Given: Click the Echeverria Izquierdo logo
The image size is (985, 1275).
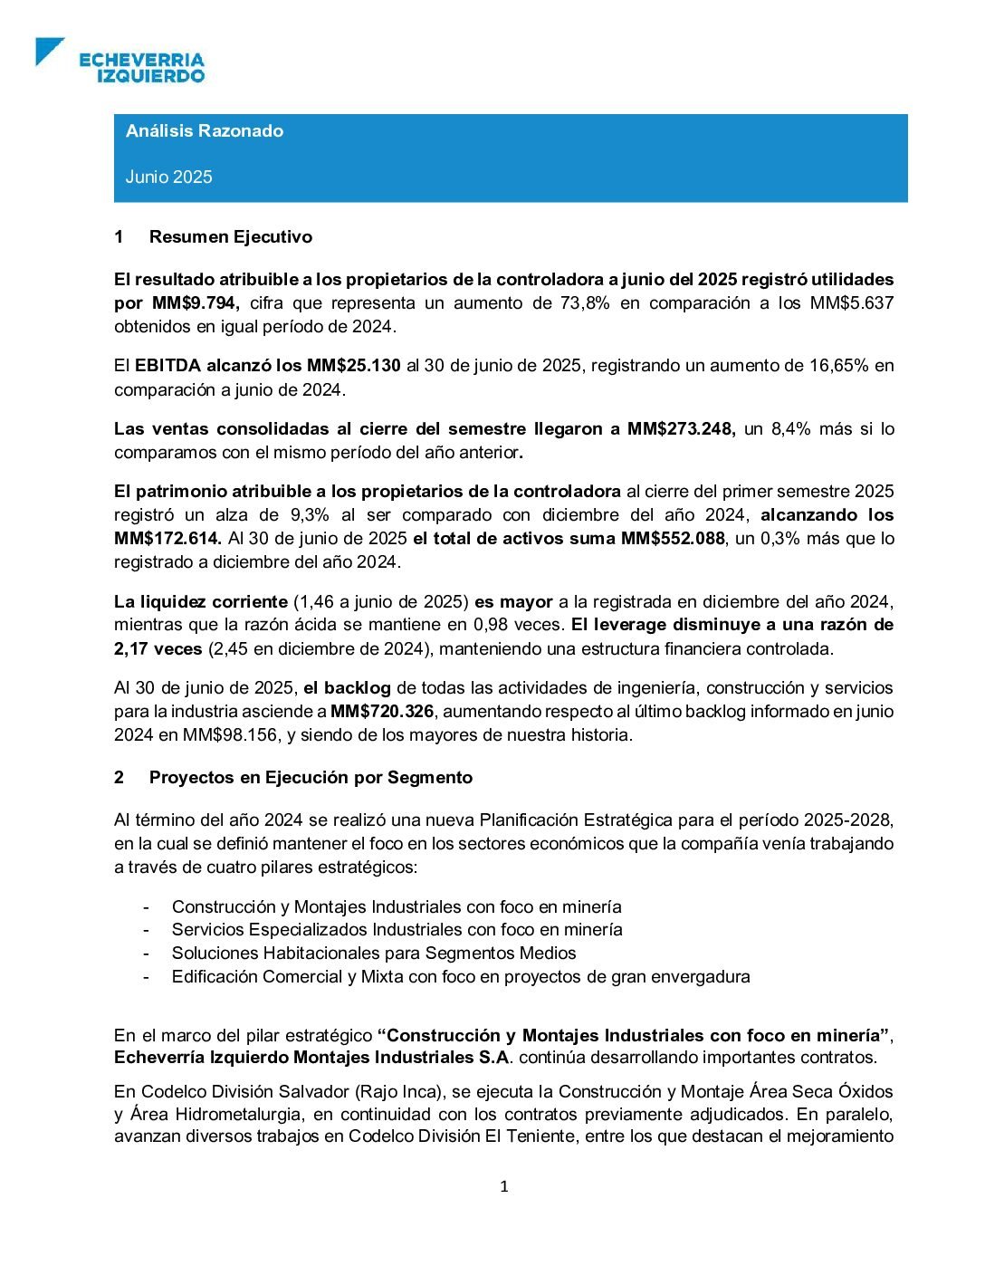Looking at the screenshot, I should (x=121, y=61).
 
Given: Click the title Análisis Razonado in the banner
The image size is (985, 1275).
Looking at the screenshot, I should (x=205, y=131).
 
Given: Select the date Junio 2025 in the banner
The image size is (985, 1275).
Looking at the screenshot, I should (x=169, y=177).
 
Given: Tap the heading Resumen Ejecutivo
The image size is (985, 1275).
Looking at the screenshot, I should (x=230, y=237).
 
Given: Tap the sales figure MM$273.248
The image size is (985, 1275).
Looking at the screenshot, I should (x=681, y=429).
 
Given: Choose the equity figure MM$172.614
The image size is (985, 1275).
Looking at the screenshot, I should (x=167, y=539).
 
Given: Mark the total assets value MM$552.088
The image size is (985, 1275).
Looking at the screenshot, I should (x=673, y=539).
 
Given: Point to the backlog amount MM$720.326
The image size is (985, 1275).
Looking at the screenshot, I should (x=382, y=712).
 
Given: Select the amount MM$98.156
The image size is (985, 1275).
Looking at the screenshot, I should (x=230, y=735).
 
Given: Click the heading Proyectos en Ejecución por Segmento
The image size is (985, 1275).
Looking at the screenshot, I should (x=311, y=778).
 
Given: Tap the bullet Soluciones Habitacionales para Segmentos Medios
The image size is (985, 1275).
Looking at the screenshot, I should (x=374, y=954).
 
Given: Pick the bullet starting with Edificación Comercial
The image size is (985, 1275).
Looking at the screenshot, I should (x=461, y=977).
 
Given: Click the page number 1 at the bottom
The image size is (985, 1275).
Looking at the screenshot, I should (x=504, y=1187).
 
